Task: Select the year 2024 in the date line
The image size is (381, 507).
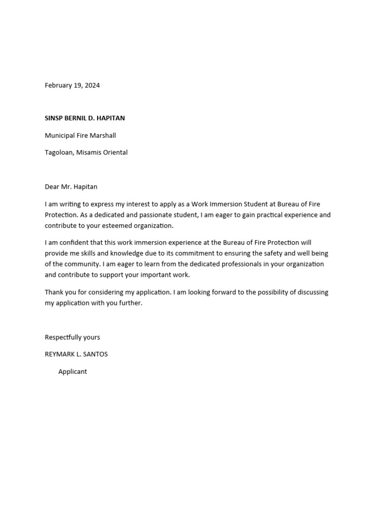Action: coord(92,85)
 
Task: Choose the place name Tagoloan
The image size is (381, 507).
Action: coord(59,152)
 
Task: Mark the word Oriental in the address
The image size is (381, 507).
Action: coord(115,152)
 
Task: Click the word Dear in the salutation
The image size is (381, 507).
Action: coord(52,187)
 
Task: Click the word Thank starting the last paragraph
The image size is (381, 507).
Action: coord(54,292)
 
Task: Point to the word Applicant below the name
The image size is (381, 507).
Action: coord(72,371)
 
